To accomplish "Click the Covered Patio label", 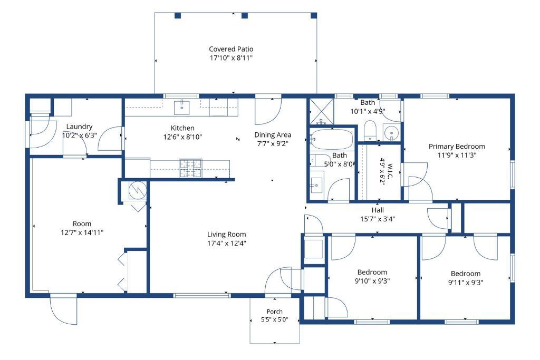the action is [231, 49].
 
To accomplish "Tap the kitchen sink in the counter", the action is [181, 107].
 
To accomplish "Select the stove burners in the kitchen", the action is [190, 168].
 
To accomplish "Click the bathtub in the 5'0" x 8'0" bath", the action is [332, 139].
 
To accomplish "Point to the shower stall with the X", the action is [322, 111].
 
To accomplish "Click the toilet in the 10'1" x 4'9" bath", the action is [370, 130].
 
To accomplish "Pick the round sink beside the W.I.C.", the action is [391, 132].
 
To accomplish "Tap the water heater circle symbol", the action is [138, 190].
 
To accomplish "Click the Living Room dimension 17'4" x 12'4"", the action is [226, 244].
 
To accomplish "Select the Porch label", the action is [274, 312].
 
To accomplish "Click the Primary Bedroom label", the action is [457, 147].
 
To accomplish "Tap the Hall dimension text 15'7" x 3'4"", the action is [378, 219].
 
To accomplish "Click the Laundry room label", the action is [79, 127].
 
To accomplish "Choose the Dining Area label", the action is [273, 135].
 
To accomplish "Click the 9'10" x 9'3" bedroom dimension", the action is [372, 281].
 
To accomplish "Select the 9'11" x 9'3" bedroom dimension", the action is [466, 283].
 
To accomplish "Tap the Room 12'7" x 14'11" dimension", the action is [82, 232].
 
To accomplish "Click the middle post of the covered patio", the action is [245, 15].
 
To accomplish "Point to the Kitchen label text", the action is [182, 128].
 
